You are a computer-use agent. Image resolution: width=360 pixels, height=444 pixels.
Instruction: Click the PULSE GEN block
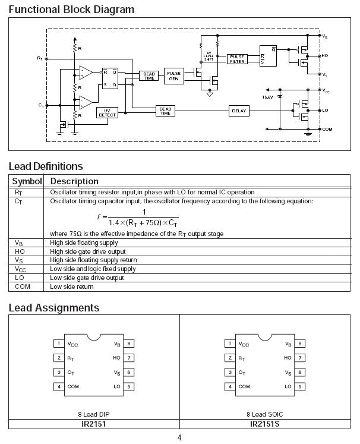point(173,75)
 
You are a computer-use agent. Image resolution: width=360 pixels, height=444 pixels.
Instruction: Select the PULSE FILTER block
point(236,59)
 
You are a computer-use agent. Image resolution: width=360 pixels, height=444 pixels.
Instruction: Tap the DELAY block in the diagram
point(239,111)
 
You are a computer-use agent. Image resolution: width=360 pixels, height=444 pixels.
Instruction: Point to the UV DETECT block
point(107,112)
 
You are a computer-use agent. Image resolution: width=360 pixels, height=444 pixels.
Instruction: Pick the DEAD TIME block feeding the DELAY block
point(165,111)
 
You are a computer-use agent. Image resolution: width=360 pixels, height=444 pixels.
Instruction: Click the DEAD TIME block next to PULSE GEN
point(149,75)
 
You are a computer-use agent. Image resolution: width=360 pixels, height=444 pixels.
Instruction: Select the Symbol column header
point(27,181)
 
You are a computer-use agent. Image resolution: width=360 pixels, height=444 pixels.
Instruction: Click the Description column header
point(75,181)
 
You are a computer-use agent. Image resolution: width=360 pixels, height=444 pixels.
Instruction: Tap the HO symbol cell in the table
point(20,251)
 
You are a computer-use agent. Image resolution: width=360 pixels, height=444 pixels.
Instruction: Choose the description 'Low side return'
point(72,287)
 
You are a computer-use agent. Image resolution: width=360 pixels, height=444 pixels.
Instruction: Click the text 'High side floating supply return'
point(94,260)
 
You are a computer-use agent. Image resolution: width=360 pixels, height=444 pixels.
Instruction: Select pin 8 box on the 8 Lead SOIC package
point(301,344)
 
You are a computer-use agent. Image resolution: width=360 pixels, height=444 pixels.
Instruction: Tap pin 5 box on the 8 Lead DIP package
point(129,386)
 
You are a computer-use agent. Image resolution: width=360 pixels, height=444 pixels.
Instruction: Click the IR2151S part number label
point(266,425)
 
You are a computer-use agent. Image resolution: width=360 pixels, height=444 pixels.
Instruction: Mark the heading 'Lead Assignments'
point(54,308)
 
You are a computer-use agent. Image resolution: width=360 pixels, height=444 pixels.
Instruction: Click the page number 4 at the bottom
point(179,438)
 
